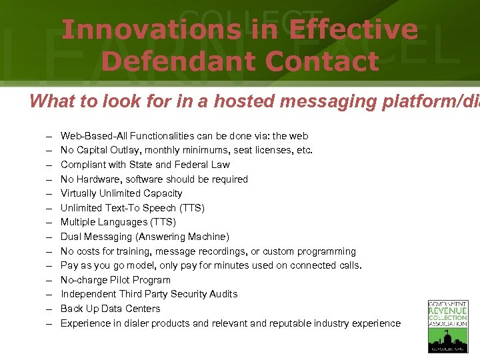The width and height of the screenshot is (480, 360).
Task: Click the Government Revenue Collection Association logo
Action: pyautogui.click(x=447, y=326)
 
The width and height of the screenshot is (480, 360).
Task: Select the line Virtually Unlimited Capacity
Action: pyautogui.click(x=121, y=193)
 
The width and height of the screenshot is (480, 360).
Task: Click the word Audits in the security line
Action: pyautogui.click(x=223, y=294)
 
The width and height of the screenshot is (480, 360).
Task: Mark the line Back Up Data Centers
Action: pyautogui.click(x=111, y=309)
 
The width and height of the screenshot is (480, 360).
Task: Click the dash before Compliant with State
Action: pyautogui.click(x=49, y=165)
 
